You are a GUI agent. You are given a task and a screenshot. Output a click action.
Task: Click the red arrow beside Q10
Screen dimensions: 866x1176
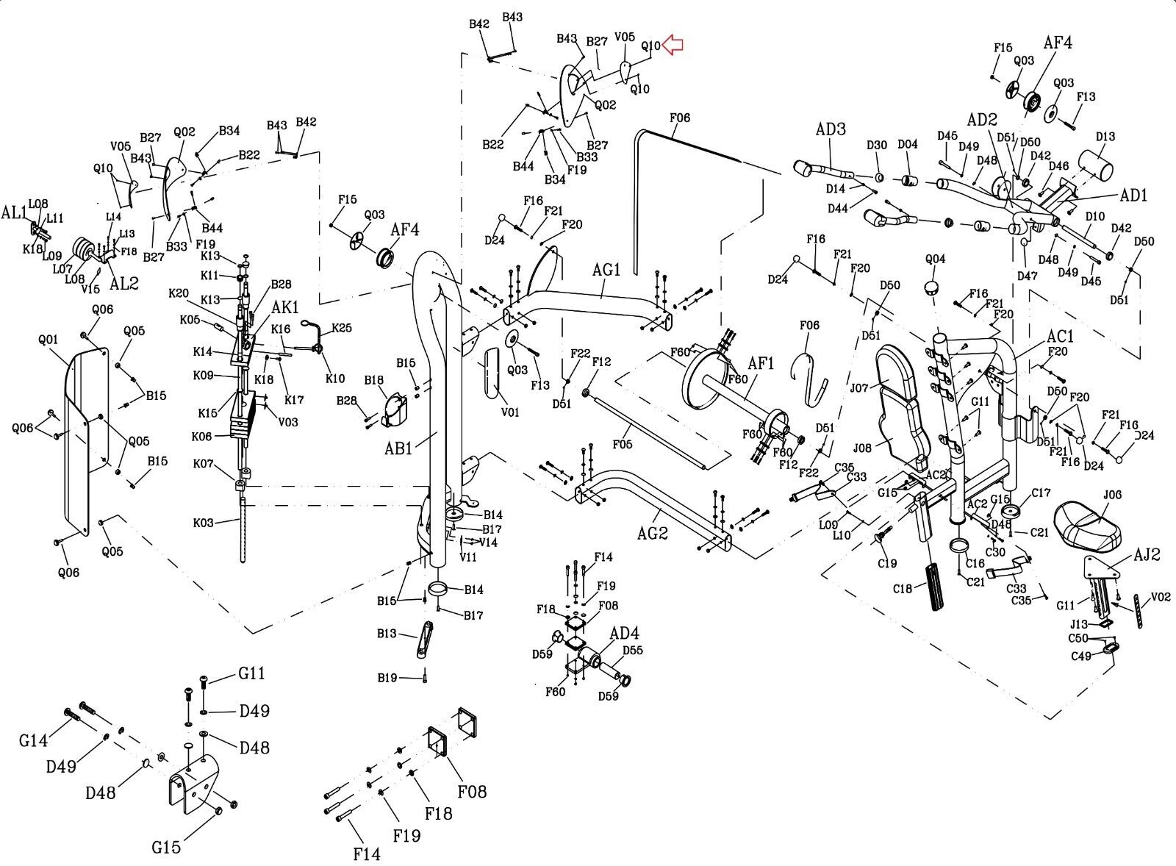pos(673,45)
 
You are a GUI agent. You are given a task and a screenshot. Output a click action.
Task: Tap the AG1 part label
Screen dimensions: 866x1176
pos(606,270)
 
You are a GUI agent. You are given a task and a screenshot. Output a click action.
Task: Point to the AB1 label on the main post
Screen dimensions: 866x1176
pos(398,448)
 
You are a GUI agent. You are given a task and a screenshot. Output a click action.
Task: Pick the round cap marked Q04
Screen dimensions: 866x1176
pos(933,285)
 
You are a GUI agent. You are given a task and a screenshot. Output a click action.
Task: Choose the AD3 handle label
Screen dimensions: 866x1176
pos(831,129)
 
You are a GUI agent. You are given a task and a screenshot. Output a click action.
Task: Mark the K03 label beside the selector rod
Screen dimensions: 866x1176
pos(204,523)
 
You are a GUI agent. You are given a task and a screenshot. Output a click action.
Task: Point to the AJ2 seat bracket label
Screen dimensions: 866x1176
pos(1146,555)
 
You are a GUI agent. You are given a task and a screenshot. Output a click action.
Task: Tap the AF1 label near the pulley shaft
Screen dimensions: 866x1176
pos(761,363)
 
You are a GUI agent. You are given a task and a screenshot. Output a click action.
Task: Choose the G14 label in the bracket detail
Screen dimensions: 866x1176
pos(34,740)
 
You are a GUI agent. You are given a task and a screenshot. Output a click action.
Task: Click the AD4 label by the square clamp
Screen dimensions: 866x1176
pos(624,633)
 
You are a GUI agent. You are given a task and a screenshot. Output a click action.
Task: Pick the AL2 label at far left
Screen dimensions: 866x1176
pos(123,283)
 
